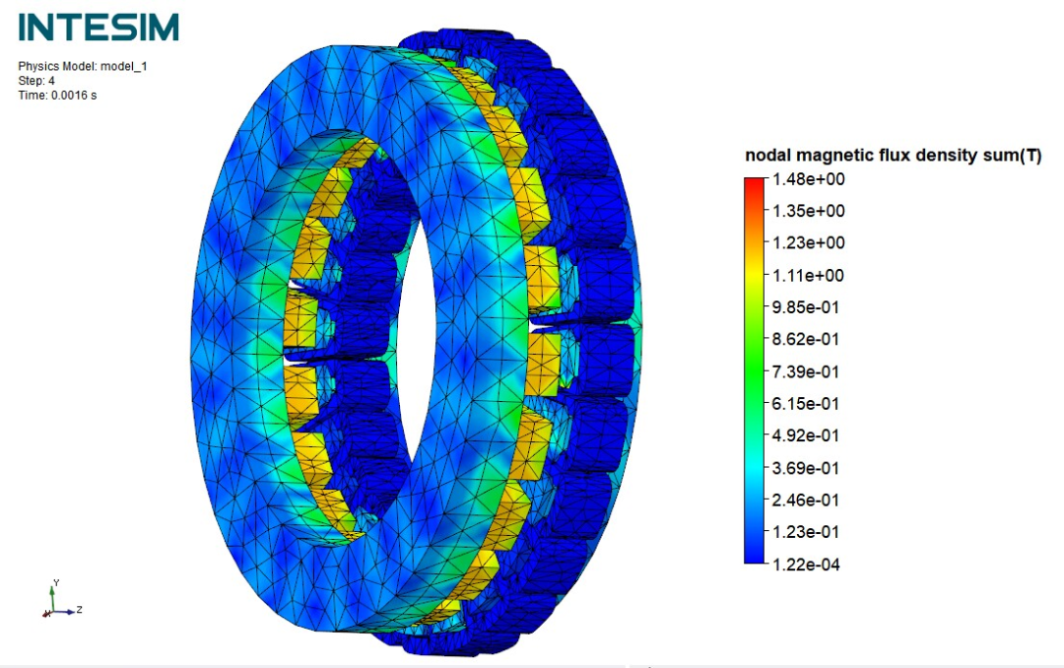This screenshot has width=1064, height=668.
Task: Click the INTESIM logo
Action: (99, 28)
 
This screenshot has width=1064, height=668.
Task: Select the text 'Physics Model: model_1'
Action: (82, 67)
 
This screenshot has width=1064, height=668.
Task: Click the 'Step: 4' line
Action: (36, 81)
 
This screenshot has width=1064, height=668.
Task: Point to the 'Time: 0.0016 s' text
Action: (57, 96)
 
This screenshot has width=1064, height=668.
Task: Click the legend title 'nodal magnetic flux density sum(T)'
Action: (893, 156)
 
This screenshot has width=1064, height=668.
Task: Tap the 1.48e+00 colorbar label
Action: (809, 179)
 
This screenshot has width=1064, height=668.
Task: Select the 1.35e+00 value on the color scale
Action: (809, 211)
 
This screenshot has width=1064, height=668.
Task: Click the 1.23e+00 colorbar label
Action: (809, 243)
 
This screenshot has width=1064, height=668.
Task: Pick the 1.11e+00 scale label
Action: (809, 276)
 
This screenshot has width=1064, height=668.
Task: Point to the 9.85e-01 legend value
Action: (806, 307)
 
